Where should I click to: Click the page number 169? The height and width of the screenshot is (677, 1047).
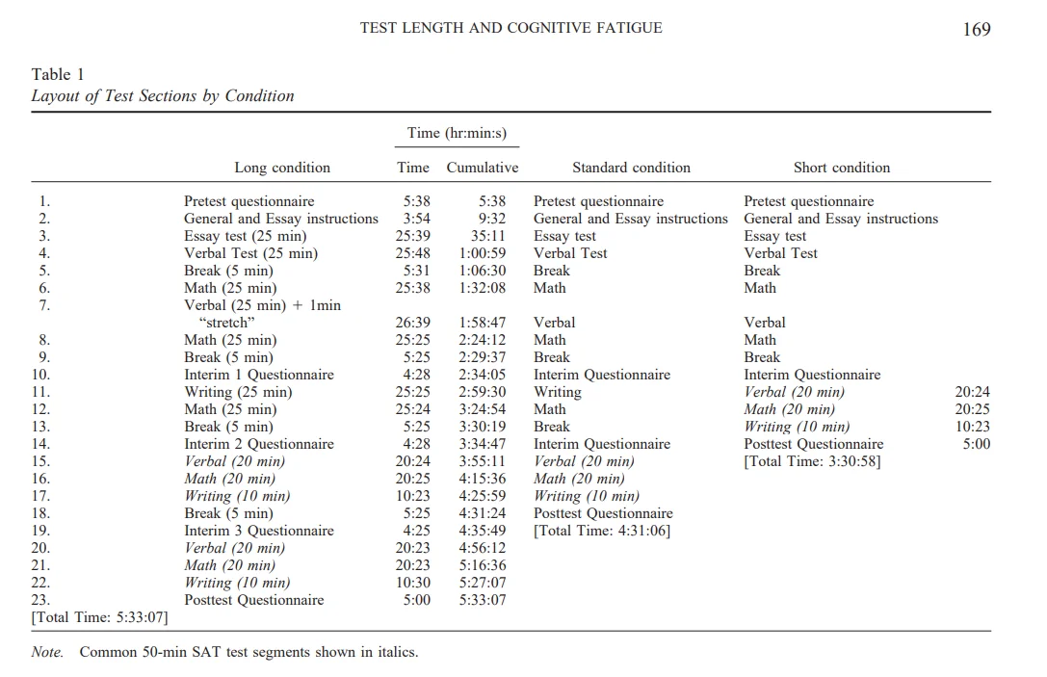(976, 29)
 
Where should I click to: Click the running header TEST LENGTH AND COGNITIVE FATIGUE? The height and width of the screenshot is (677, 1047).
(510, 28)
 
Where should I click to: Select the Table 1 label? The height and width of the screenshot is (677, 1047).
(58, 74)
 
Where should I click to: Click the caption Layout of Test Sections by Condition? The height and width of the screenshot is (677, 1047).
(163, 95)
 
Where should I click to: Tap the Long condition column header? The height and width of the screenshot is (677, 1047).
(282, 168)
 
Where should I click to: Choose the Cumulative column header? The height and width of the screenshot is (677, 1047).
(482, 168)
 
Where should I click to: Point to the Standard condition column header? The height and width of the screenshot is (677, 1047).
(631, 168)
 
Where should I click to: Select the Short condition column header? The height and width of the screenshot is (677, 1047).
(841, 168)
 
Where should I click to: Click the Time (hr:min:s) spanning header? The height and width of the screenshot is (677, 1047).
(457, 133)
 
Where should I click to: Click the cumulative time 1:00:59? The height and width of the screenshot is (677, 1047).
(483, 253)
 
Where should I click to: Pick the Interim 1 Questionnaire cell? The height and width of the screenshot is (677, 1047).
(259, 375)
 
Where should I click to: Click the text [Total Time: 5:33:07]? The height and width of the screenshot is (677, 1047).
(99, 617)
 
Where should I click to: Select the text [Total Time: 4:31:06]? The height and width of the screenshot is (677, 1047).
(602, 531)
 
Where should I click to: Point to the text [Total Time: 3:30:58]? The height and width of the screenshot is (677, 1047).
(812, 461)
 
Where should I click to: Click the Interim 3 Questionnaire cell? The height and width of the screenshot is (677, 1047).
(259, 531)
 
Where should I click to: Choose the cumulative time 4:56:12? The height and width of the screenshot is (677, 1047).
(483, 548)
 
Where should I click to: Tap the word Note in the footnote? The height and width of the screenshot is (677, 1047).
(47, 652)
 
